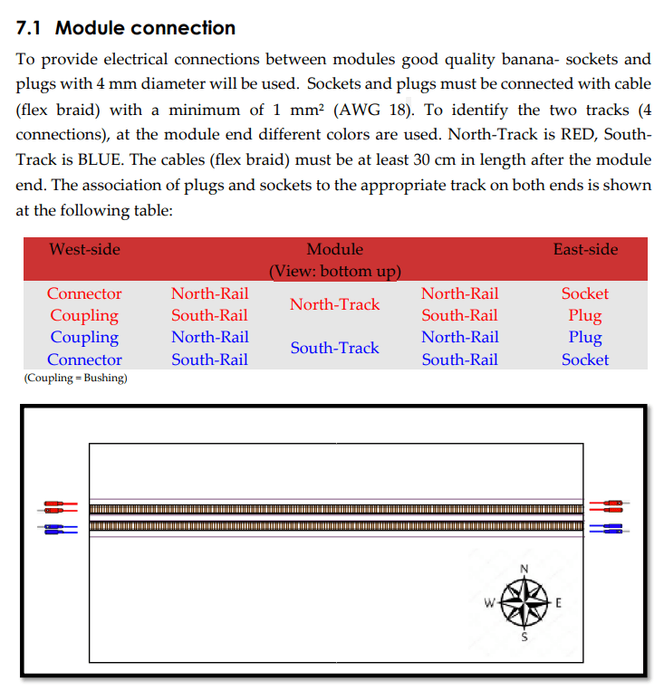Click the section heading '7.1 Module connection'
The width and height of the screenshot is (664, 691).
click(x=126, y=28)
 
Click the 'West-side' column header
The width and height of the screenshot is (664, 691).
click(x=84, y=249)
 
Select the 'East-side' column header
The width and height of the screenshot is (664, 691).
click(x=585, y=249)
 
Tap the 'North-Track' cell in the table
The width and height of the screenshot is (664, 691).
click(x=334, y=304)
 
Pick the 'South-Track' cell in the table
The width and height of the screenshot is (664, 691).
click(x=334, y=348)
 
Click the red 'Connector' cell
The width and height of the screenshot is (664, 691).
click(x=84, y=293)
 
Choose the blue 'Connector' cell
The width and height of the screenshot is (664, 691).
click(x=84, y=360)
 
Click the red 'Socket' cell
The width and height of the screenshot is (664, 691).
click(x=585, y=293)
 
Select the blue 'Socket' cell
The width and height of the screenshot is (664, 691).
click(x=585, y=360)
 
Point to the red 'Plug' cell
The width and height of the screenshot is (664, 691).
click(x=585, y=315)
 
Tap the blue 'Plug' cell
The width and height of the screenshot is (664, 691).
click(x=585, y=337)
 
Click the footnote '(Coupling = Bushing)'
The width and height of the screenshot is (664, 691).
click(x=75, y=378)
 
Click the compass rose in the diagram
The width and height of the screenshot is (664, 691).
click(x=524, y=602)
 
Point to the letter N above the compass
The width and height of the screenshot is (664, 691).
click(x=524, y=569)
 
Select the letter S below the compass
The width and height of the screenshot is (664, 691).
click(x=524, y=637)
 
